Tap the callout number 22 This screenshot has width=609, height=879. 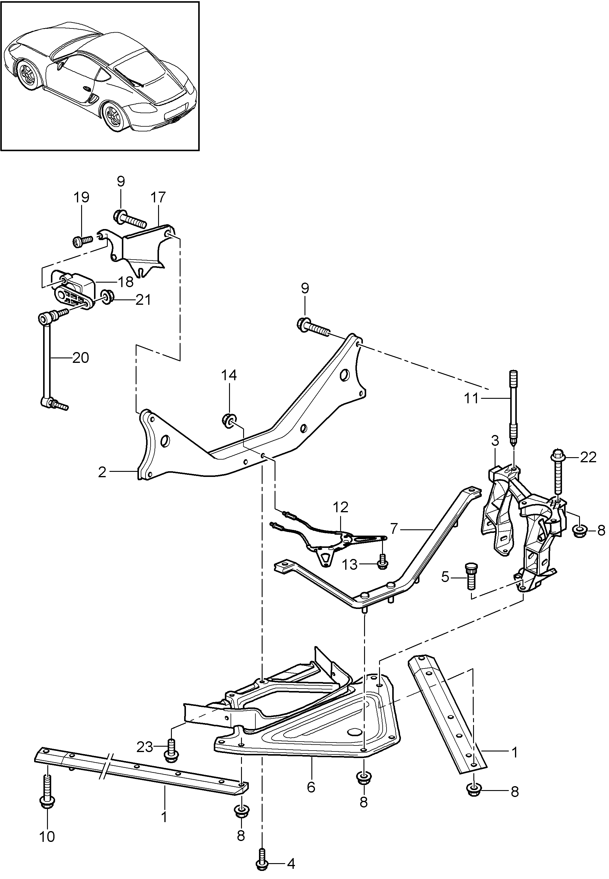pos(588,457)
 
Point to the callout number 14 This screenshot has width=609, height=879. pos(229,375)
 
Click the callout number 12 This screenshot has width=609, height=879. pos(340,507)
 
